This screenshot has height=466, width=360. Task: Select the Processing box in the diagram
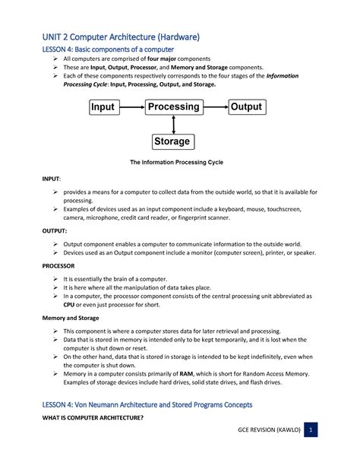click(x=174, y=108)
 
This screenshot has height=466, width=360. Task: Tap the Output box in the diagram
click(x=246, y=108)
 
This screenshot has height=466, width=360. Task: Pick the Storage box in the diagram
click(x=172, y=142)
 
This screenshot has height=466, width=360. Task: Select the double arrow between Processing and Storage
click(x=174, y=125)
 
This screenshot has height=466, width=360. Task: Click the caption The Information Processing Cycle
click(x=176, y=163)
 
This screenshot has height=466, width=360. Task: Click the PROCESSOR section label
click(x=59, y=266)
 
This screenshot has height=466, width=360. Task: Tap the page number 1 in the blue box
click(x=311, y=430)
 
